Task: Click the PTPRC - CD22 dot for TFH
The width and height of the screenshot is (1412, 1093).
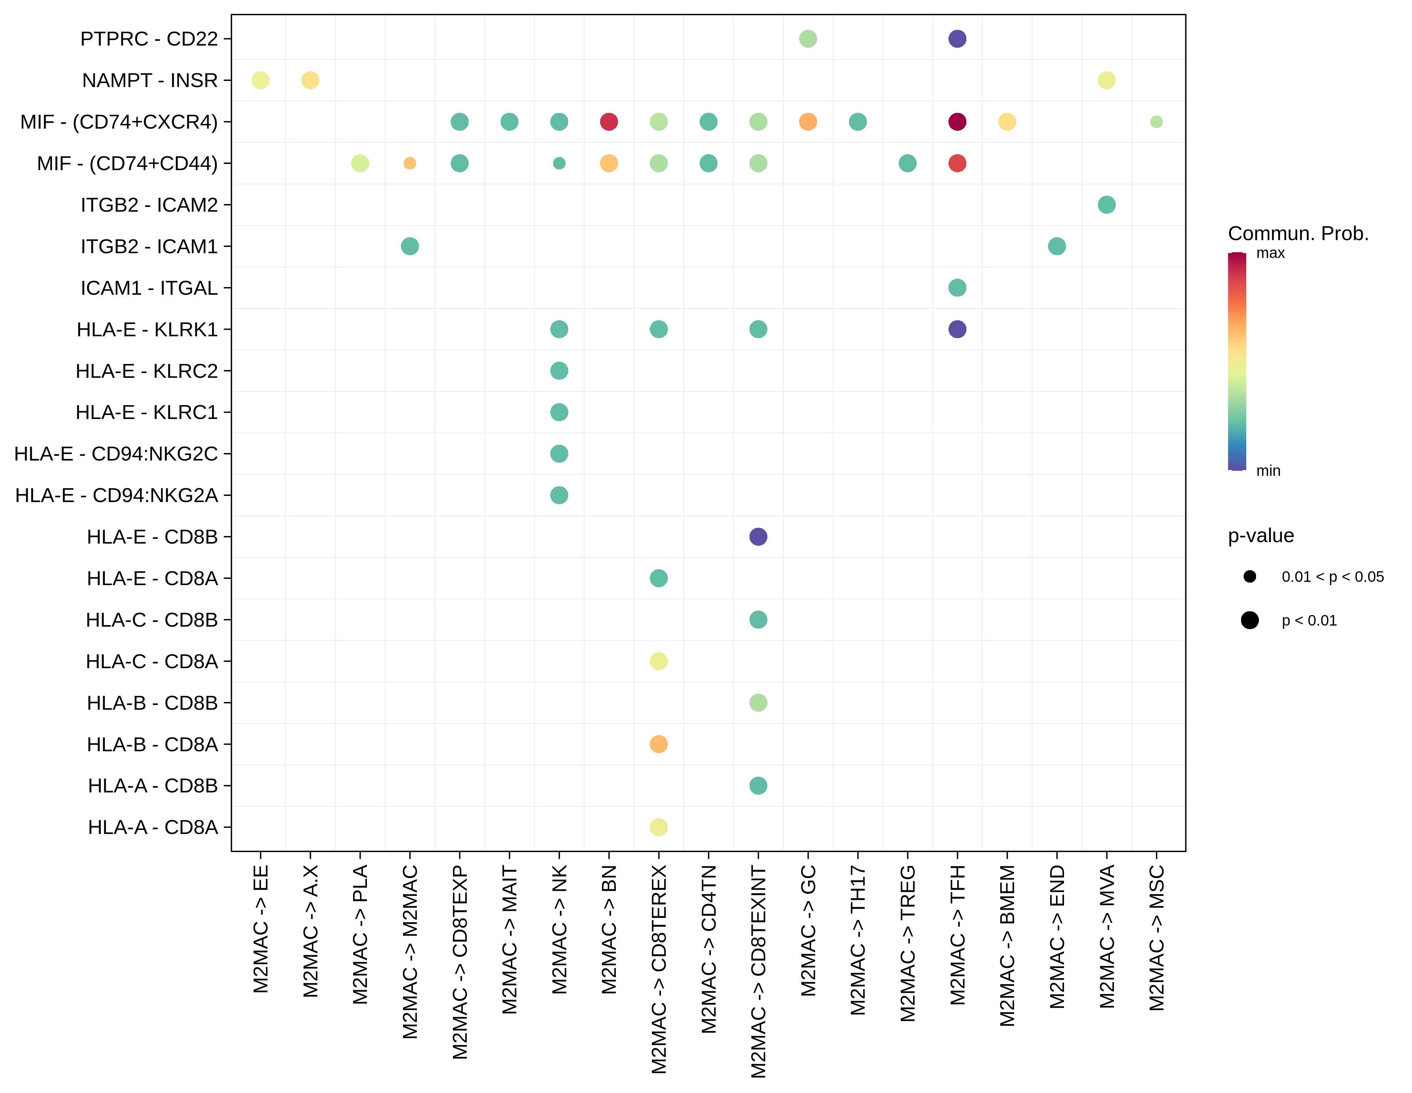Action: click(x=957, y=39)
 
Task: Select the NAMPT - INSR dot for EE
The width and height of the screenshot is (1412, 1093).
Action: click(x=261, y=80)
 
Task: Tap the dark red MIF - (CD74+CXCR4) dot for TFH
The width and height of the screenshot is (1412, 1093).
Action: click(x=957, y=122)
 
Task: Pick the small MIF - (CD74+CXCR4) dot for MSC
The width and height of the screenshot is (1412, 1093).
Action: click(x=1156, y=122)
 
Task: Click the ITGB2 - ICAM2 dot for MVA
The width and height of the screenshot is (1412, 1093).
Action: click(x=1106, y=205)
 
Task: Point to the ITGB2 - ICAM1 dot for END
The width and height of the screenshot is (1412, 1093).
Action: click(x=1056, y=246)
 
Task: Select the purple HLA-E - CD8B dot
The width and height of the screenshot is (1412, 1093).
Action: click(x=758, y=537)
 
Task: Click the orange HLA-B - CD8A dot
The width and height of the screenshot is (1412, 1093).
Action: click(x=658, y=744)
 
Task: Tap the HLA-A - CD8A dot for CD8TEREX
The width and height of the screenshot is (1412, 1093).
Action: click(x=658, y=827)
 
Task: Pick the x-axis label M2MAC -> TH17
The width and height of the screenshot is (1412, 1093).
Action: click(x=858, y=940)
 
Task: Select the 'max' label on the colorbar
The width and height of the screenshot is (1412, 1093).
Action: click(x=1270, y=253)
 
